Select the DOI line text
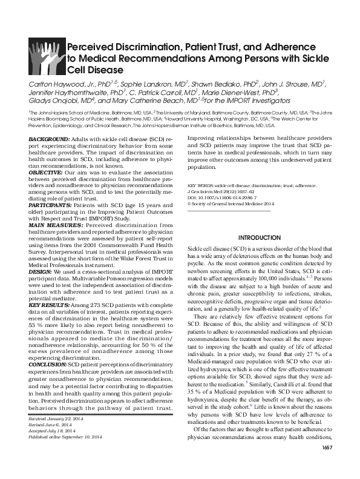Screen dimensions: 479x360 tap(221, 197)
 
